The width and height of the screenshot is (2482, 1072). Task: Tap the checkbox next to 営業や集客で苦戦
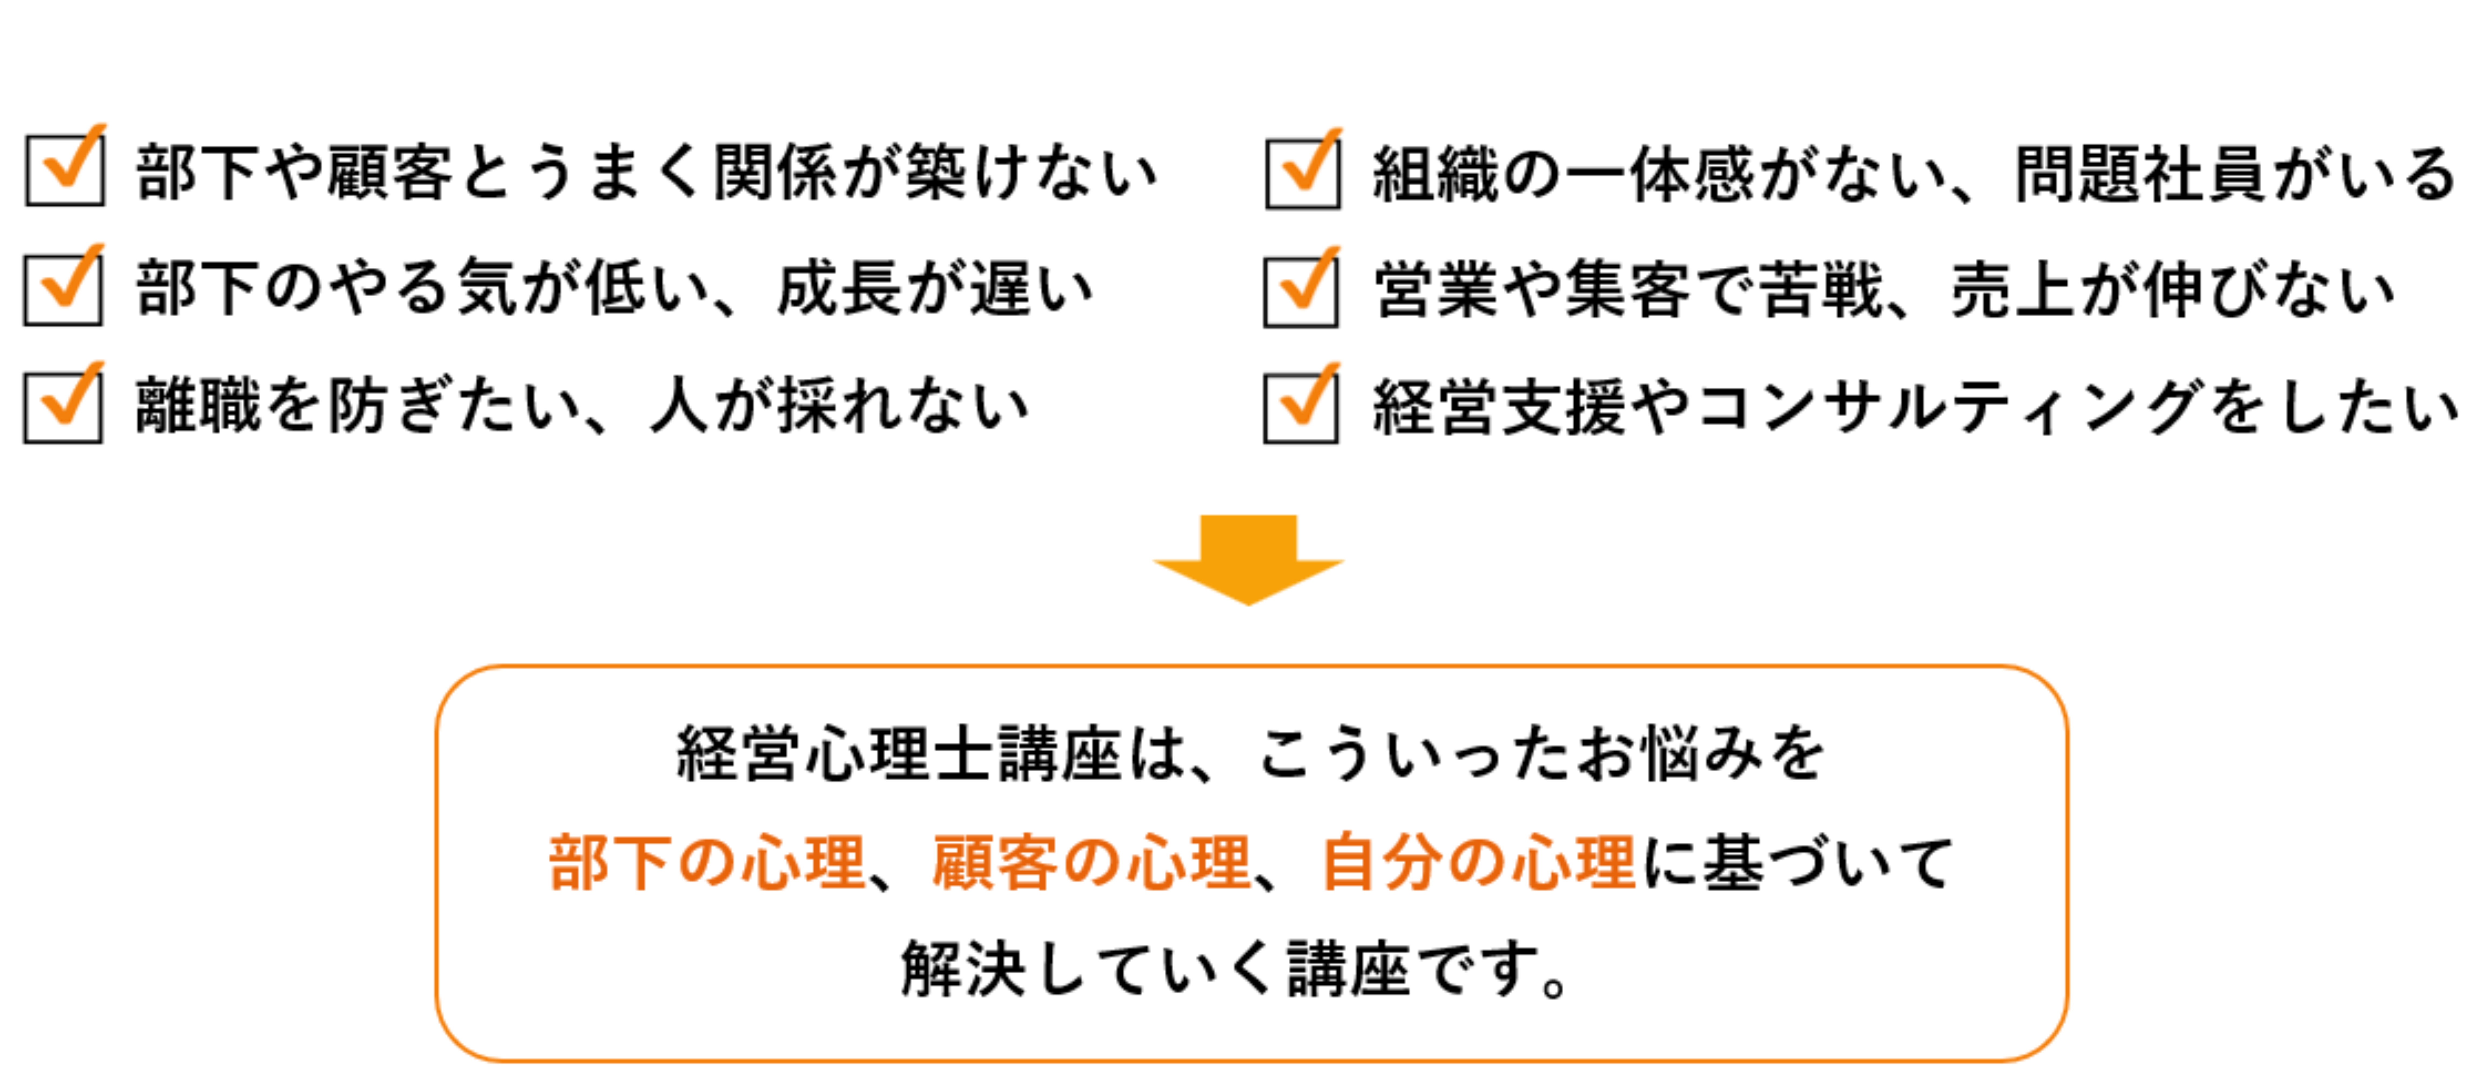point(1301,291)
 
